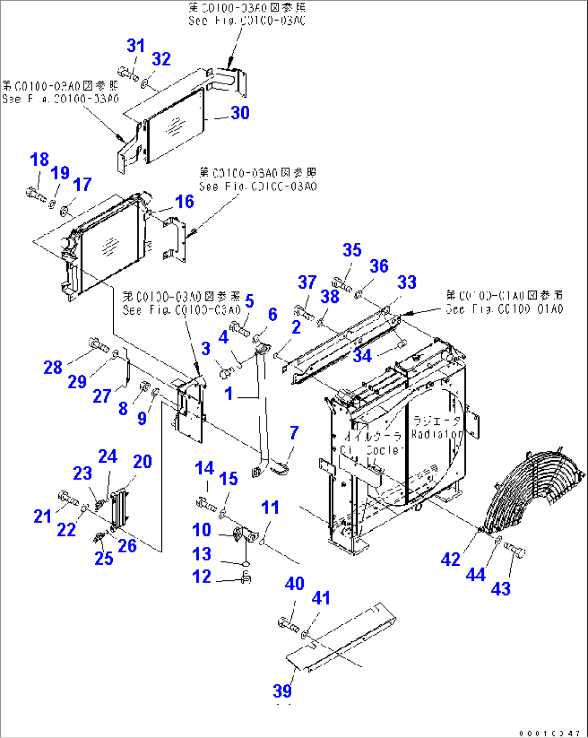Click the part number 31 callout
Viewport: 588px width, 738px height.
click(136, 46)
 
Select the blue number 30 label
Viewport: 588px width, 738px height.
click(240, 113)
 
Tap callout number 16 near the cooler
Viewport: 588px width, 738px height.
click(184, 201)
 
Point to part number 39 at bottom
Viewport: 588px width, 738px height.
click(282, 690)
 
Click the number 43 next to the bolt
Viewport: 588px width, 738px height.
click(501, 588)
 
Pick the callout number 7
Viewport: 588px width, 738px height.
click(294, 432)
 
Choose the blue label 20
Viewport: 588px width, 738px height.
click(142, 462)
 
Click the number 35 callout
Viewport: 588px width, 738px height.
click(352, 250)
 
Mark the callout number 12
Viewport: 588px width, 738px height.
click(202, 577)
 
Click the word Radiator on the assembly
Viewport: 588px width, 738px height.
click(437, 434)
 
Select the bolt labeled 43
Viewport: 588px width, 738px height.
click(515, 550)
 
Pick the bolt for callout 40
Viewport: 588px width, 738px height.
click(288, 625)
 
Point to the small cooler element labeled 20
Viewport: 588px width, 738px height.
click(118, 507)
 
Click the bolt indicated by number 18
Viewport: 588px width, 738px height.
click(36, 192)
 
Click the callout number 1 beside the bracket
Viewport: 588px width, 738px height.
click(229, 394)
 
